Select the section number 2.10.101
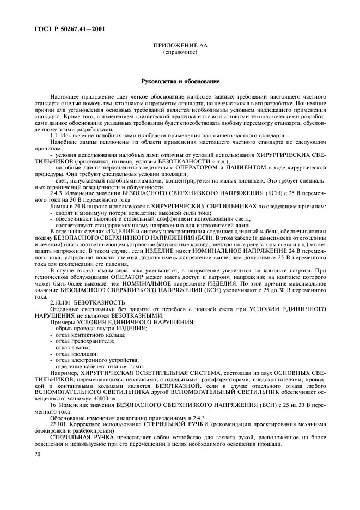(x=60, y=301)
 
